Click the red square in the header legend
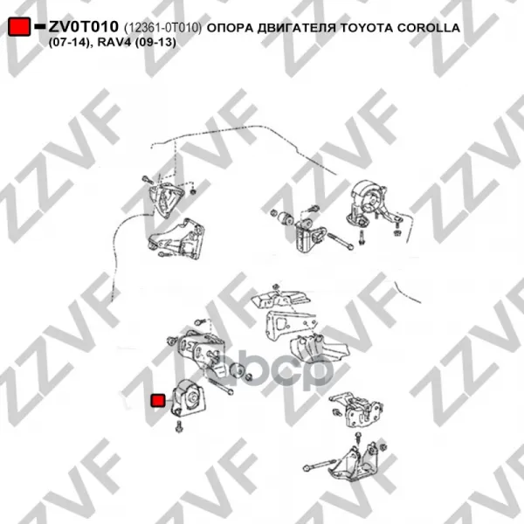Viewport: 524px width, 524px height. point(19,27)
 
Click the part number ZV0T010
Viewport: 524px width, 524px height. point(84,27)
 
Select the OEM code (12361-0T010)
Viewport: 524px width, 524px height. point(162,28)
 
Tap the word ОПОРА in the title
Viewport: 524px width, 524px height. point(230,28)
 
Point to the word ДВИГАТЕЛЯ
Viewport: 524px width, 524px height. point(296,29)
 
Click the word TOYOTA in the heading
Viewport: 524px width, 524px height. point(366,28)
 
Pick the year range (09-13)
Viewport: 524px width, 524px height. point(155,43)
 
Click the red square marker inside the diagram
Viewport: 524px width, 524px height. point(158,400)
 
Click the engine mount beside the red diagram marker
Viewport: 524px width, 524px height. point(188,398)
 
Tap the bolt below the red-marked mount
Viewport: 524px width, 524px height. point(179,427)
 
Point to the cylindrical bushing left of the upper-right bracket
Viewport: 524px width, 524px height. point(286,218)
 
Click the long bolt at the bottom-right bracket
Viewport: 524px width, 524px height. point(320,465)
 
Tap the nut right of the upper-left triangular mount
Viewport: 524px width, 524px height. point(193,192)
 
